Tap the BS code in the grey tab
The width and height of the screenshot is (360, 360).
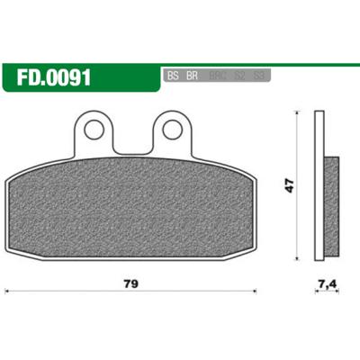point(172,76)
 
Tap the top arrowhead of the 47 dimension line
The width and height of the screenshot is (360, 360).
point(298,114)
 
